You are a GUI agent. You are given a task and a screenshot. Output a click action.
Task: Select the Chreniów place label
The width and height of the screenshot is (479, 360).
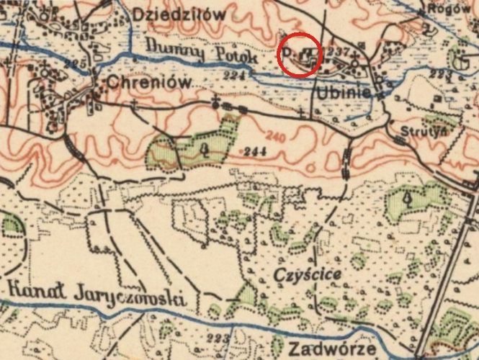point(149,83)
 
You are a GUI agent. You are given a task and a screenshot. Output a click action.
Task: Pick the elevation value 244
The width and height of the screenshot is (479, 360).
point(254,151)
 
